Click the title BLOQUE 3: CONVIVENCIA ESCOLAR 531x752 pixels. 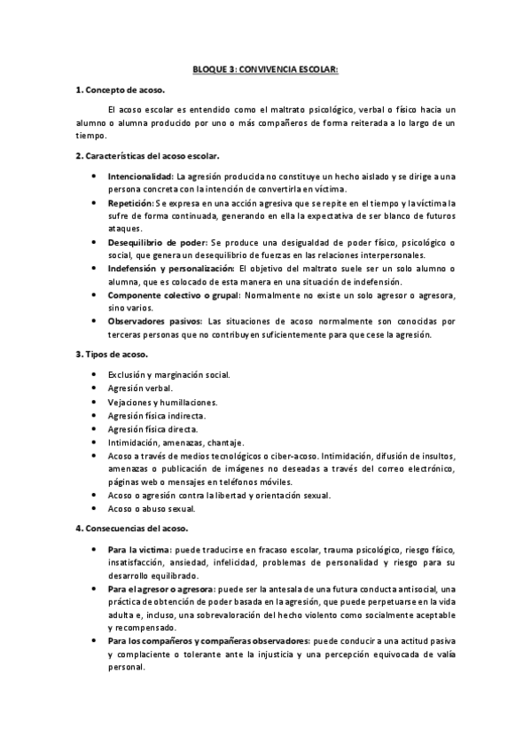click(x=266, y=67)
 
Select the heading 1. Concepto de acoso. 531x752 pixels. click(x=121, y=90)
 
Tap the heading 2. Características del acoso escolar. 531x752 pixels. click(x=147, y=156)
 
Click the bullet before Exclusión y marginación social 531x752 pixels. click(x=95, y=375)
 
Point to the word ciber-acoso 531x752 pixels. click(x=296, y=456)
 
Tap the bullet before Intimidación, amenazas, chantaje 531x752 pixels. click(x=95, y=443)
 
